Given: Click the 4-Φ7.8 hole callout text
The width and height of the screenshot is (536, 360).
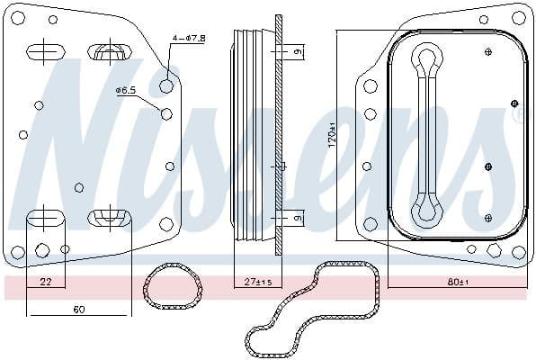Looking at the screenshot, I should [189, 38].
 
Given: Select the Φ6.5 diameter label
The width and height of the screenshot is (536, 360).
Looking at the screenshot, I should [125, 91].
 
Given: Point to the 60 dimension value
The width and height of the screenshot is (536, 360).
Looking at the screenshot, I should [78, 310].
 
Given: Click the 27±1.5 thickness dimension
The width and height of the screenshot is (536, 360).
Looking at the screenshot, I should [257, 283].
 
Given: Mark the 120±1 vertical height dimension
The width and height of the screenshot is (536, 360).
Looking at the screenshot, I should [331, 135].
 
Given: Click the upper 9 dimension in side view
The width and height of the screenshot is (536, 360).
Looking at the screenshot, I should [297, 52].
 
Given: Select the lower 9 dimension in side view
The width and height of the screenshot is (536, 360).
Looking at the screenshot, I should [297, 217].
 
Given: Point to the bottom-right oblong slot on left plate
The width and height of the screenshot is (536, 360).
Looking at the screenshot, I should [109, 217].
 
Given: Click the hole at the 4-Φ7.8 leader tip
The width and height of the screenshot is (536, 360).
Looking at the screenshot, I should [166, 86].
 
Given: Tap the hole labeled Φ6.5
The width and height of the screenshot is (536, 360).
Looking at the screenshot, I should [165, 113].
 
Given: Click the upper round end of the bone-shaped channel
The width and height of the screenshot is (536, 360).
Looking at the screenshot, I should [425, 60].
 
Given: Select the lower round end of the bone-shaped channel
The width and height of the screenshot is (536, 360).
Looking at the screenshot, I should [425, 212].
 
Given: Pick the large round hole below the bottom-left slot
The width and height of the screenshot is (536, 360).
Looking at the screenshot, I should [42, 251].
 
